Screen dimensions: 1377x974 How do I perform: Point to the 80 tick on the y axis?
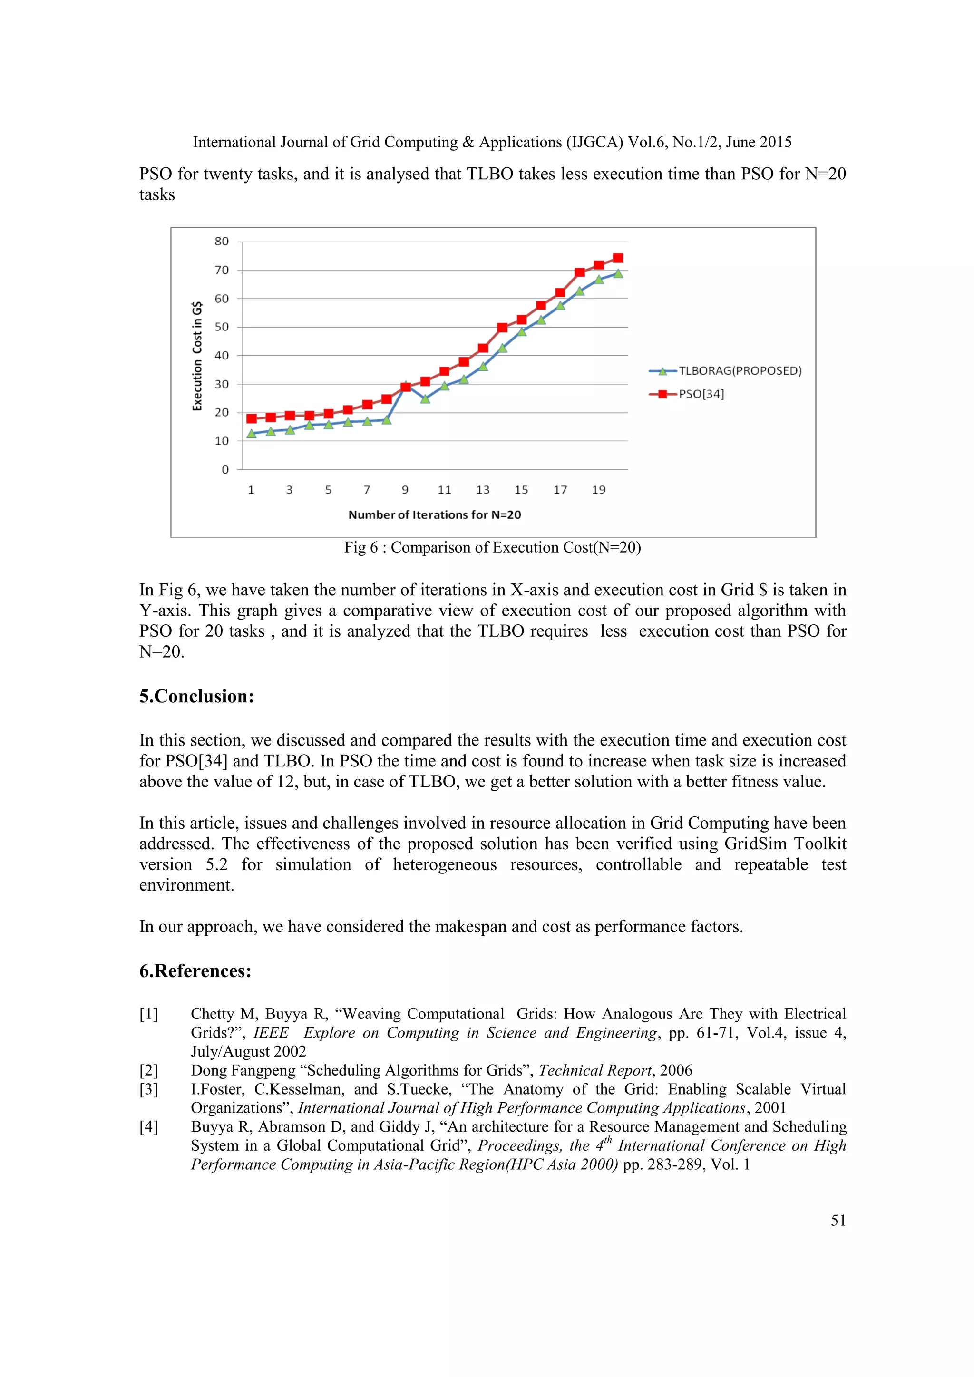pos(221,242)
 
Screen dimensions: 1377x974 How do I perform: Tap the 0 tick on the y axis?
pos(225,470)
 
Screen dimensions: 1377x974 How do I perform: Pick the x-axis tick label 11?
pos(444,490)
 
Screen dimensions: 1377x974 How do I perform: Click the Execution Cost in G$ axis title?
pos(197,356)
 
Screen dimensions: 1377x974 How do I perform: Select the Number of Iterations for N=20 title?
pos(434,514)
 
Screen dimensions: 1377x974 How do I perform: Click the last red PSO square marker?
pos(618,259)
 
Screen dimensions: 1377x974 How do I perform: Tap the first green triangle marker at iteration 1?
pos(251,434)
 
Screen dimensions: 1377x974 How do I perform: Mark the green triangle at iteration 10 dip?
pos(425,399)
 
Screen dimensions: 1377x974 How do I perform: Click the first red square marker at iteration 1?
pos(251,418)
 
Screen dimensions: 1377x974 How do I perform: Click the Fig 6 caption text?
pos(492,548)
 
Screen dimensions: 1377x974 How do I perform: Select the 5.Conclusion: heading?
pos(197,696)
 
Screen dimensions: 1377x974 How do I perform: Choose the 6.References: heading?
pos(195,971)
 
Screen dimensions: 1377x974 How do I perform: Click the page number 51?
pos(838,1221)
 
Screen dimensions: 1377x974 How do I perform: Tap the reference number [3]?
pos(149,1089)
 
